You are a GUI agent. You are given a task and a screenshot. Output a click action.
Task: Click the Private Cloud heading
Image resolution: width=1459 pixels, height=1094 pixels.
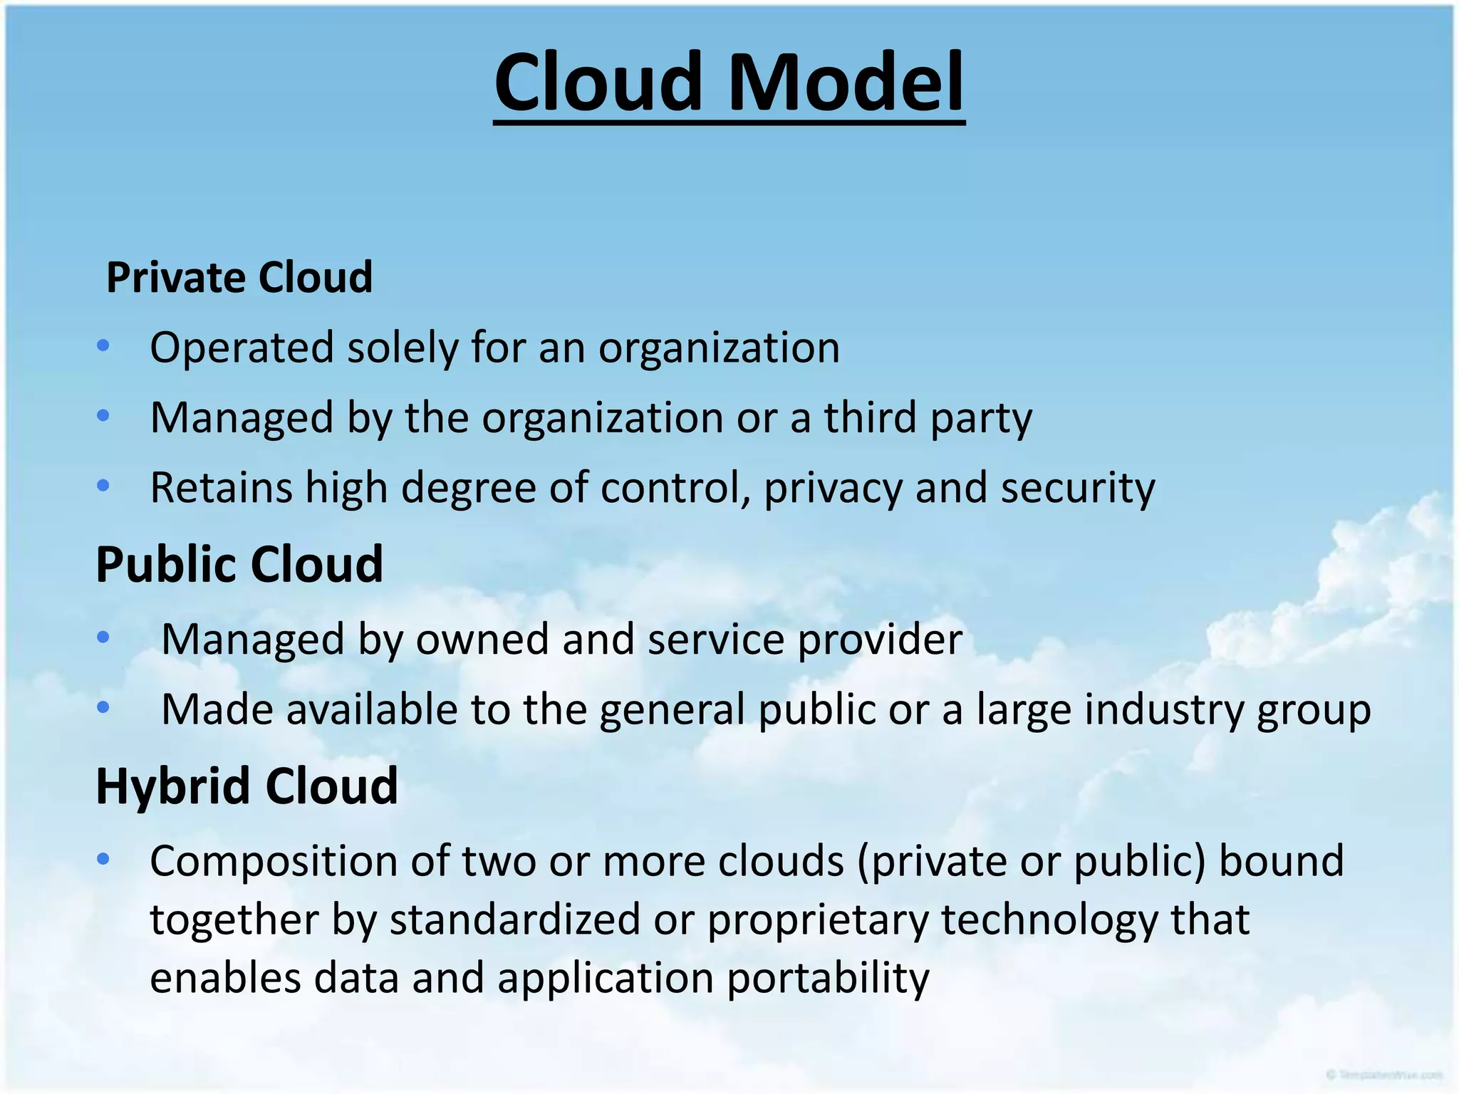pos(239,277)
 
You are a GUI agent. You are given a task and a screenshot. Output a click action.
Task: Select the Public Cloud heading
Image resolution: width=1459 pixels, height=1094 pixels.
pos(239,564)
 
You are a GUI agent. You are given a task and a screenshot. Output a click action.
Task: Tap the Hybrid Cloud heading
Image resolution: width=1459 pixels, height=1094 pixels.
pos(246,786)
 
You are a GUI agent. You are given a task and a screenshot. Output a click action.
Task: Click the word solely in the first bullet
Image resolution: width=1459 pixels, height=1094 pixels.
pos(403,348)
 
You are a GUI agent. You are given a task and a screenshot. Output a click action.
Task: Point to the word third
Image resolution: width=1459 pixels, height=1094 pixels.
pos(870,417)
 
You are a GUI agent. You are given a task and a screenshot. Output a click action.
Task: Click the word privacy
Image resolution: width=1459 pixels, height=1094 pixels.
pos(833,489)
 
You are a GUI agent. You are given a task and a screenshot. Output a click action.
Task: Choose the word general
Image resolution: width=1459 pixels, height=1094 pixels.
pos(672,710)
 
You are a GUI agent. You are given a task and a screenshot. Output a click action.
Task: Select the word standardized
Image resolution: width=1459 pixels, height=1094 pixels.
pos(514,920)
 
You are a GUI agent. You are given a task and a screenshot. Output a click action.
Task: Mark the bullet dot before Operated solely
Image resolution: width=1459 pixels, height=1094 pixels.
pos(103,346)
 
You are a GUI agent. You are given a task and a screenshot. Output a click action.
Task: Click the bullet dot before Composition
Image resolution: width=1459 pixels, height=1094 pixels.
pos(103,859)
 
